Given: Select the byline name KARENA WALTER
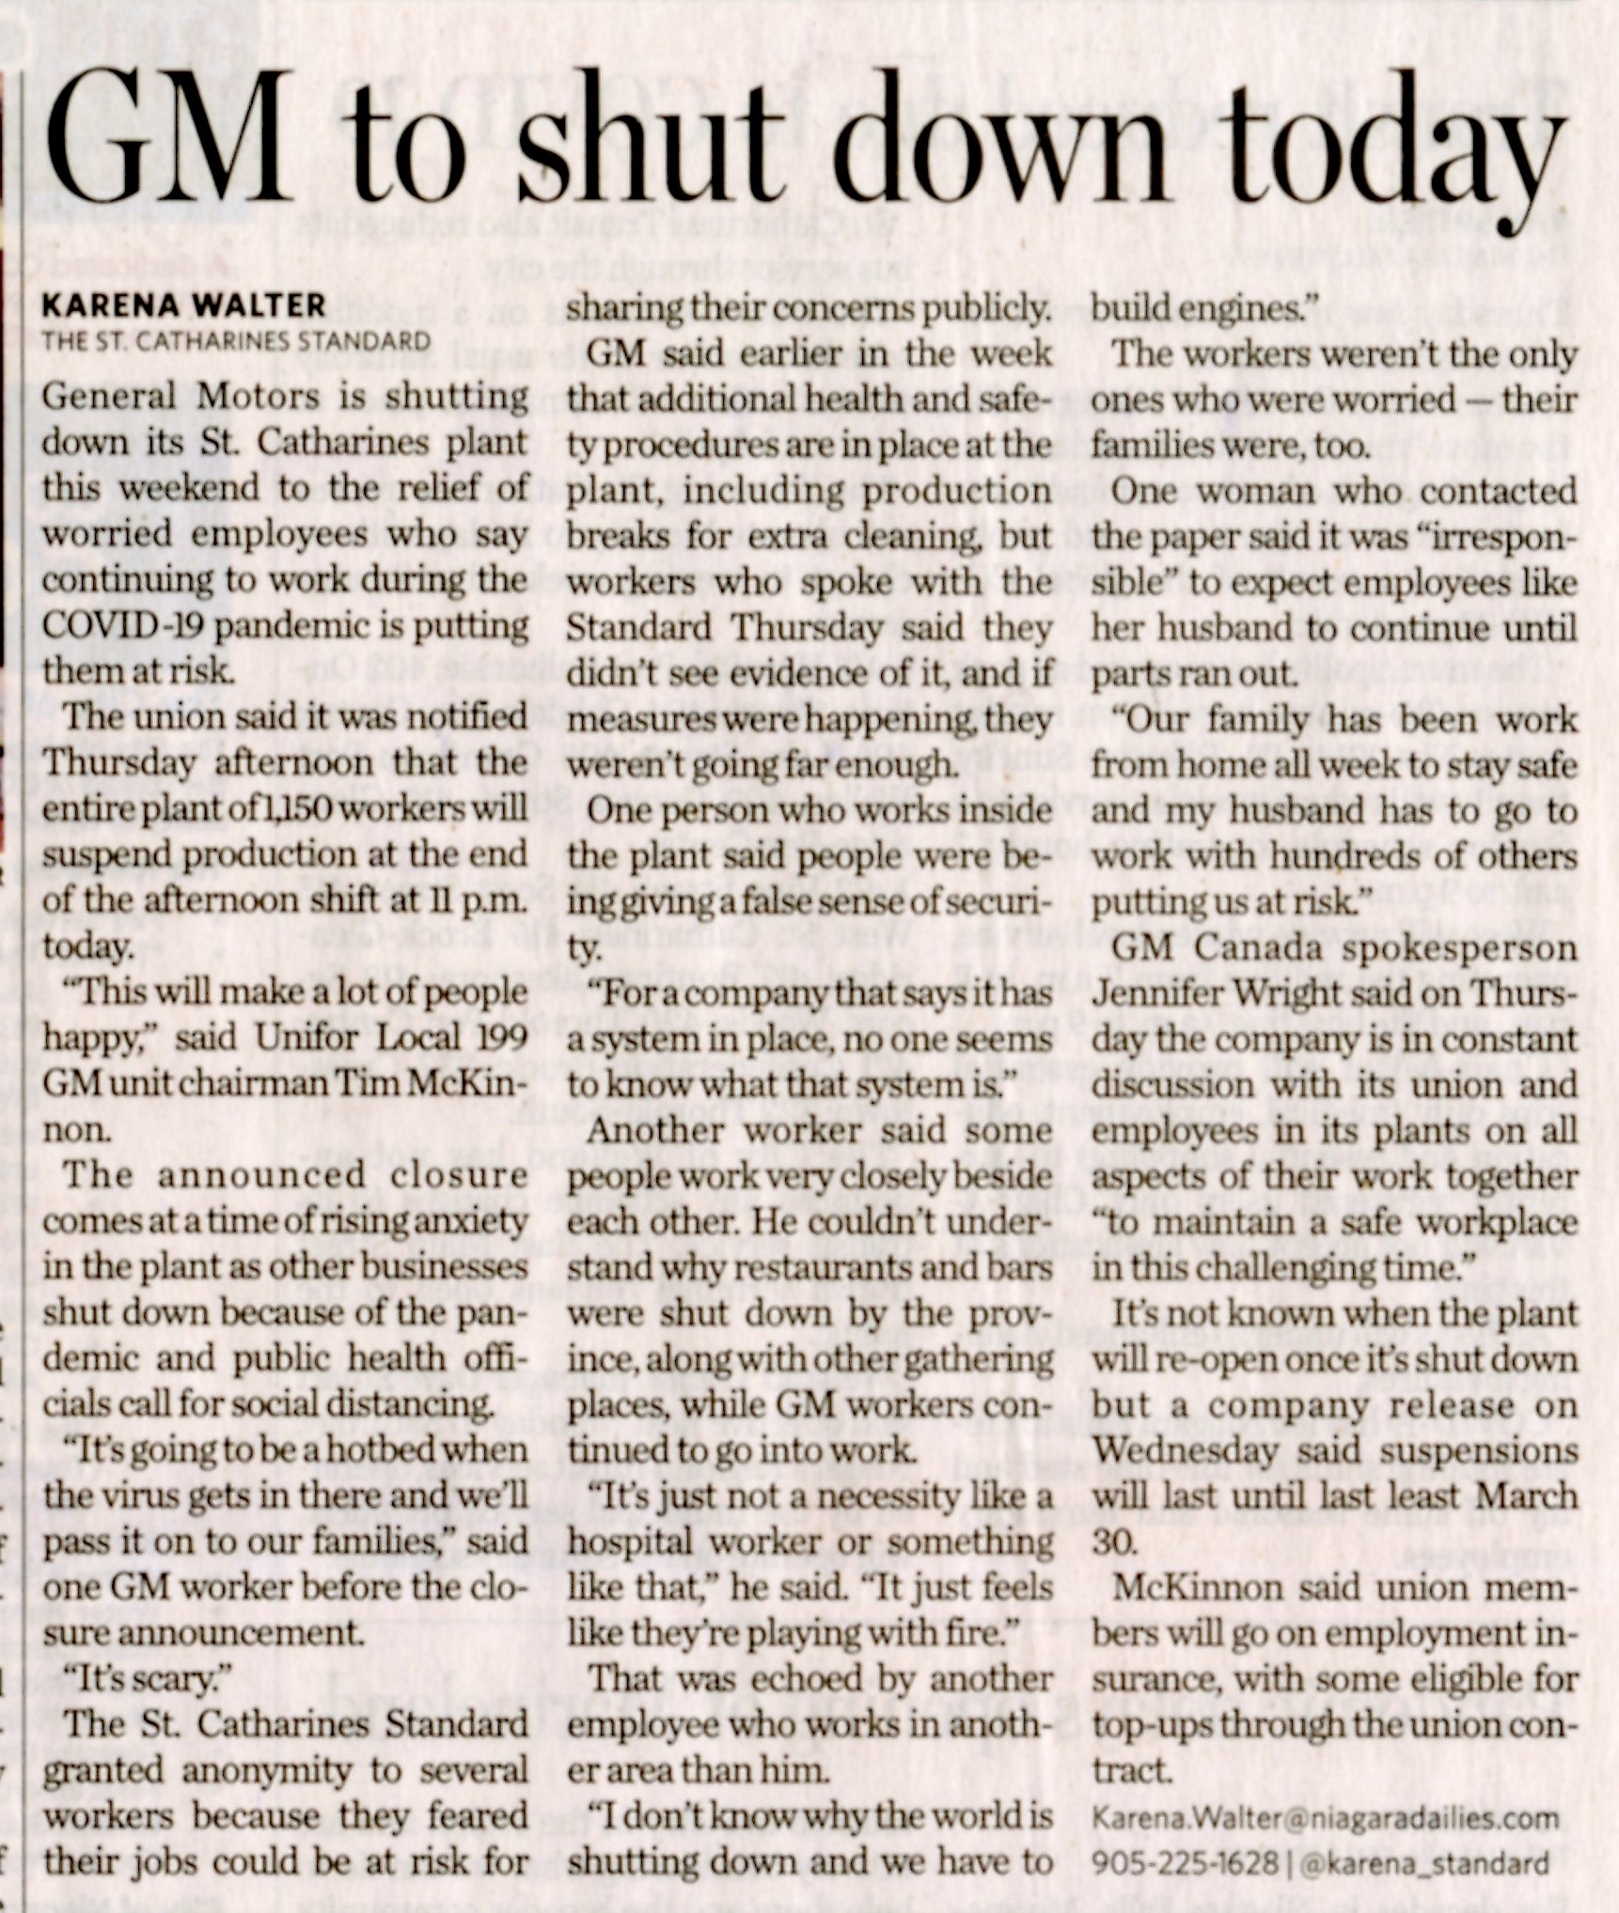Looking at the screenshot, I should point(184,305).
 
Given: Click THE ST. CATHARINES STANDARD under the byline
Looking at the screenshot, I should point(236,339).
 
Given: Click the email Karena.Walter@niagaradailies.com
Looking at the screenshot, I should point(1325,1818).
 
